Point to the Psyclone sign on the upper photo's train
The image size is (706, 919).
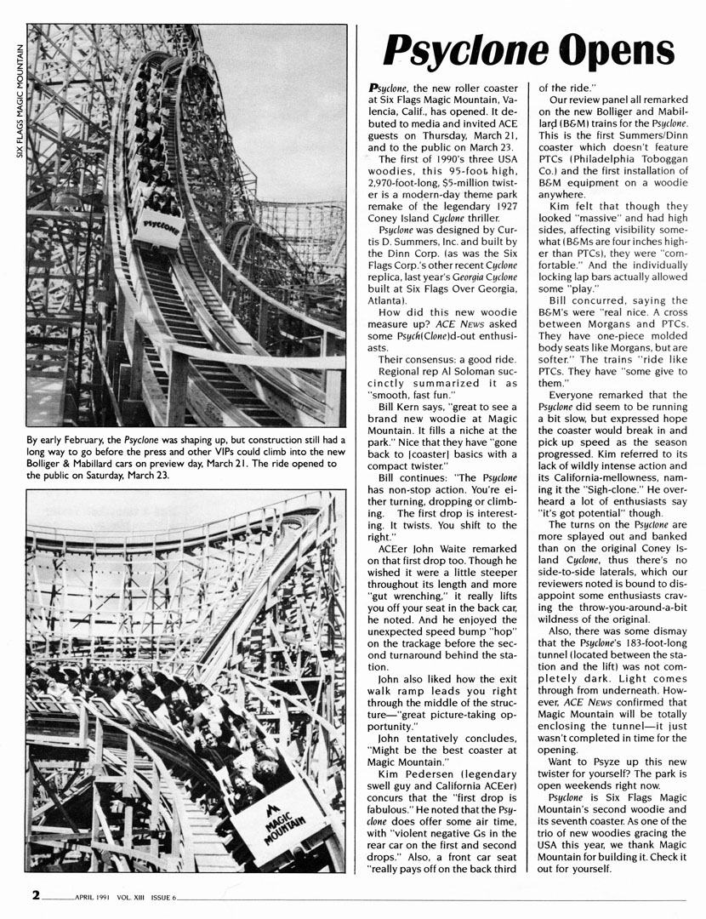coord(162,227)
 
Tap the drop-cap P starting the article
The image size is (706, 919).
coord(374,89)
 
